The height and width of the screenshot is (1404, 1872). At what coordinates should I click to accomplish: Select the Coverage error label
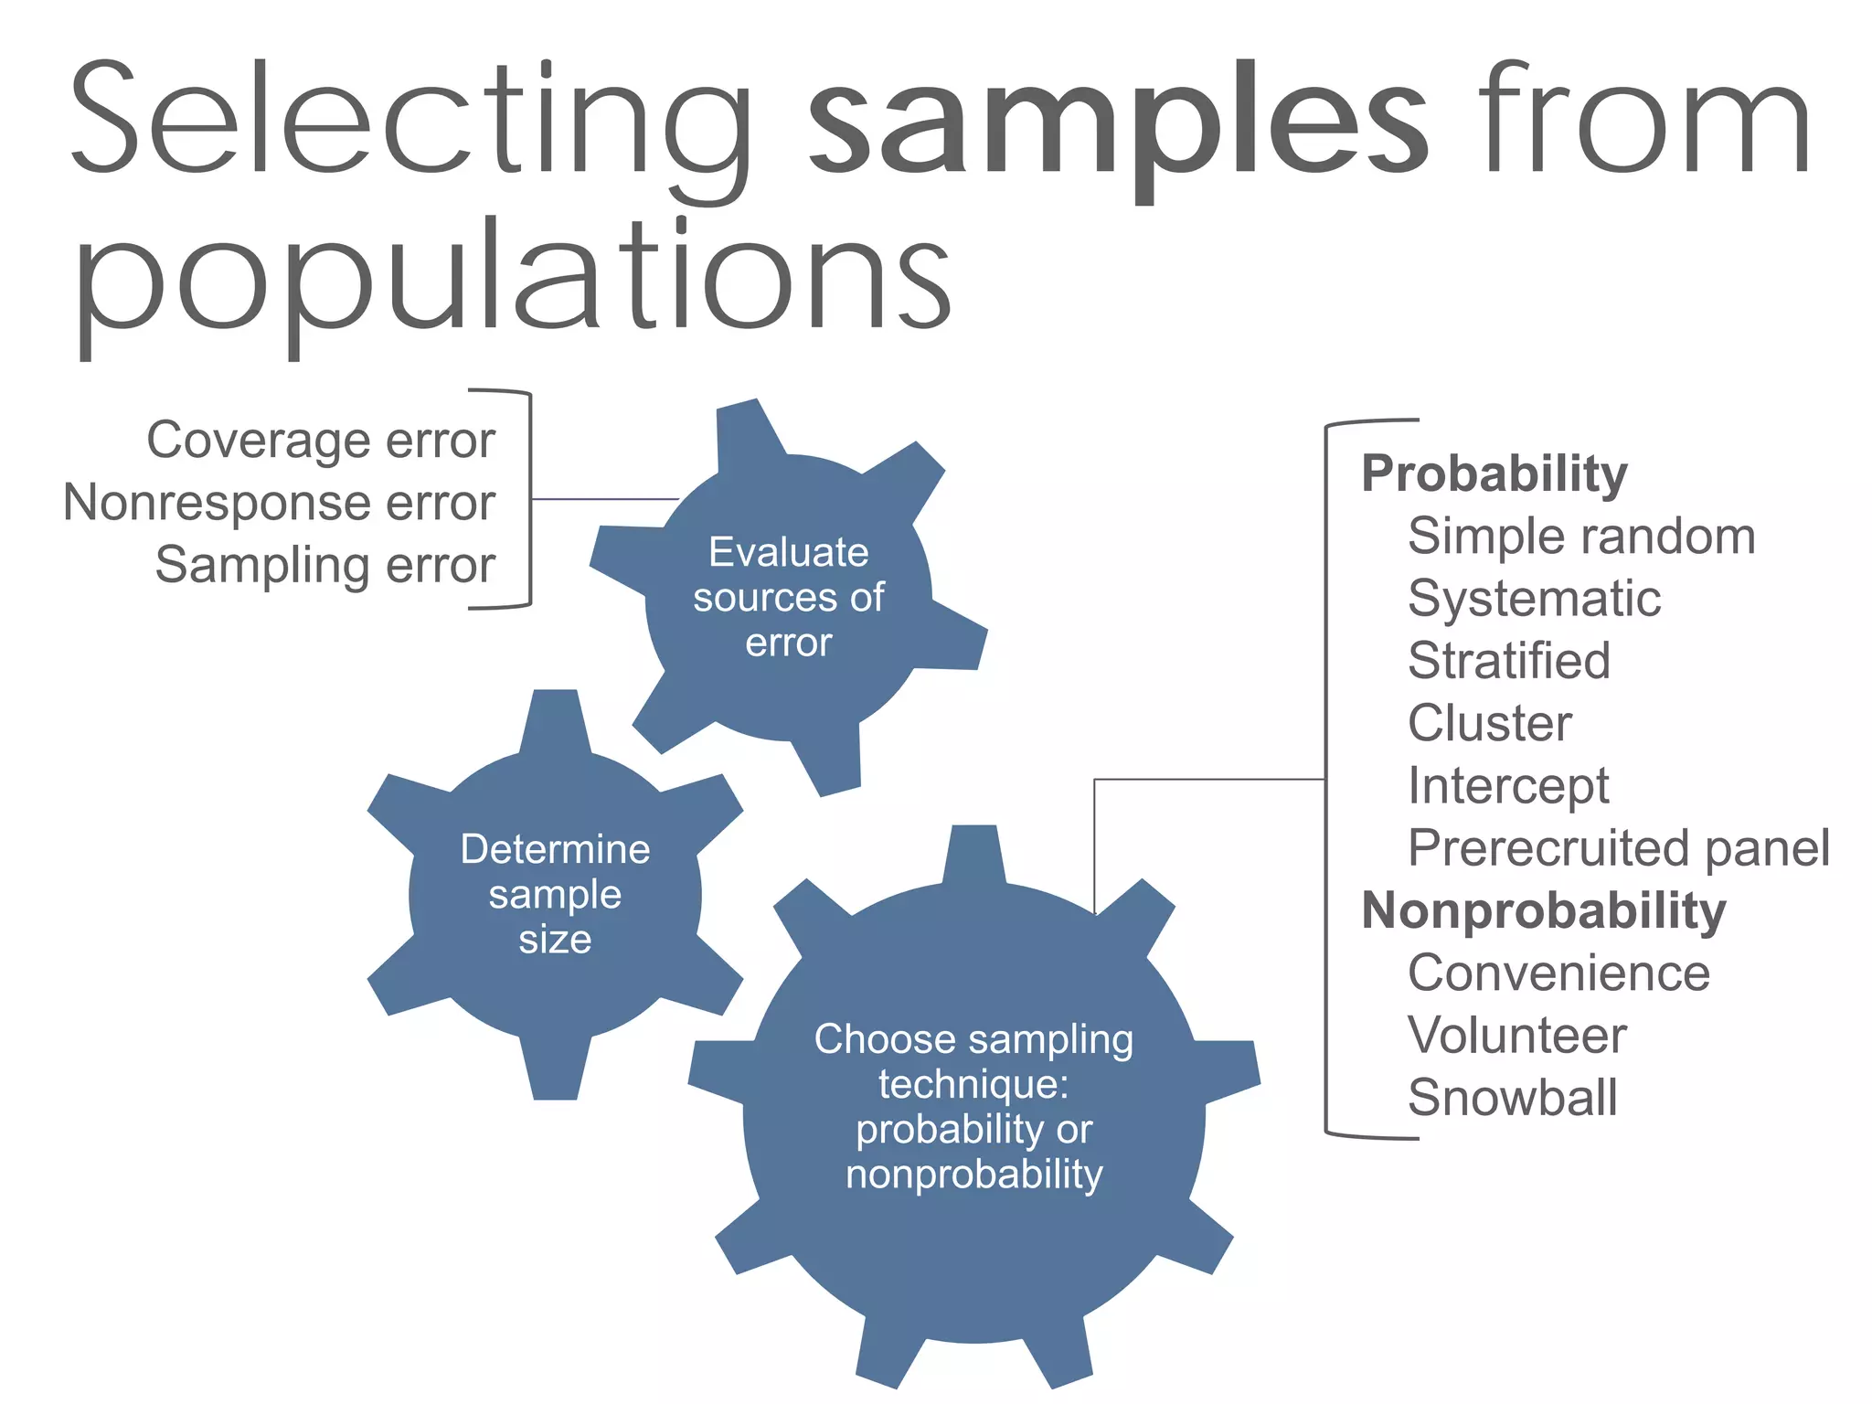pos(321,441)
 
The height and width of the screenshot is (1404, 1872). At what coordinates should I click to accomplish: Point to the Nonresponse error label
pos(279,503)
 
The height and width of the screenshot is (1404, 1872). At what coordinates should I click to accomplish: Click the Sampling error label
pos(324,565)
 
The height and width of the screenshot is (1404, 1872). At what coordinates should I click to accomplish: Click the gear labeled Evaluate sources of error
pos(788,597)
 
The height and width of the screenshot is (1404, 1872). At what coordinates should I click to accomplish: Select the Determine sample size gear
pos(555,894)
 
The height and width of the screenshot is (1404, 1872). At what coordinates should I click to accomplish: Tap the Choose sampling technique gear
pos(973,1106)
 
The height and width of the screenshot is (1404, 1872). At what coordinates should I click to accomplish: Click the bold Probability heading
pos(1494,473)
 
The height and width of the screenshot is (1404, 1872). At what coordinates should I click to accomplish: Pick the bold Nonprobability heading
pos(1544,910)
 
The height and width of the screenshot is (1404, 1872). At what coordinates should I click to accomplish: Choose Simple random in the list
pos(1581,536)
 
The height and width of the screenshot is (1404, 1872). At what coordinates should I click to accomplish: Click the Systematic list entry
pos(1534,599)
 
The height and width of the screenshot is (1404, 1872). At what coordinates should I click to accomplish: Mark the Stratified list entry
pos(1509,661)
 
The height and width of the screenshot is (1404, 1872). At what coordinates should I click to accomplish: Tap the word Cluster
pos(1490,723)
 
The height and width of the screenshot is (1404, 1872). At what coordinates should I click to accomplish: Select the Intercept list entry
pos(1508,786)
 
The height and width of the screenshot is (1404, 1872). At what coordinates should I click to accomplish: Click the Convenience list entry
pos(1558,973)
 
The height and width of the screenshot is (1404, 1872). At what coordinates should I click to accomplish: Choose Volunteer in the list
pos(1517,1036)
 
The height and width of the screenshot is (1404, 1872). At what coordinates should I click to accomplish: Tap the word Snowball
pos(1513,1098)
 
